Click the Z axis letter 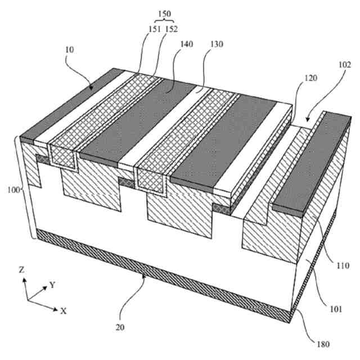(x=21, y=270)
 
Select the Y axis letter (x=52, y=285)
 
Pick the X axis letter (x=64, y=310)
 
